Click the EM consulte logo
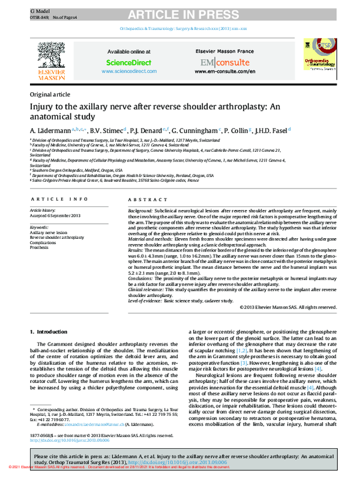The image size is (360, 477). pyautogui.click(x=226, y=62)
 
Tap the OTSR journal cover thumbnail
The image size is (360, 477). pyautogui.click(x=317, y=58)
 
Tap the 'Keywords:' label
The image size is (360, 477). pyautogui.click(x=40, y=227)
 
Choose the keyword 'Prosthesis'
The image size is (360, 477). pyautogui.click(x=41, y=247)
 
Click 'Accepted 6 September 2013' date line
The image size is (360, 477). pyautogui.click(x=58, y=215)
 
